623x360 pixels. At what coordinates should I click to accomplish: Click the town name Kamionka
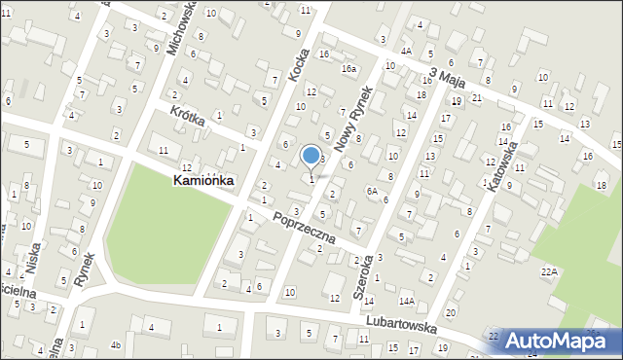(203, 180)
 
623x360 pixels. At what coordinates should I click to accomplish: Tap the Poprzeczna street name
(305, 227)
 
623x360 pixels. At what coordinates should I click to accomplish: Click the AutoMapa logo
(558, 341)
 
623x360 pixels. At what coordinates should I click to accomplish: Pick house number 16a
(348, 69)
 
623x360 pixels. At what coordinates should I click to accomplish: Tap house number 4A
(406, 51)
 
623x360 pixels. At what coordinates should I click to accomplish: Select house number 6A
(372, 192)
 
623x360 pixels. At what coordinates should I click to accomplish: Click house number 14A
(406, 302)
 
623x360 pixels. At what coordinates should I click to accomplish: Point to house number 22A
(550, 270)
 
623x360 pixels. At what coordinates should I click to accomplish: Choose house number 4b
(115, 344)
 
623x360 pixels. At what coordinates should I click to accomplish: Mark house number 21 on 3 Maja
(476, 98)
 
